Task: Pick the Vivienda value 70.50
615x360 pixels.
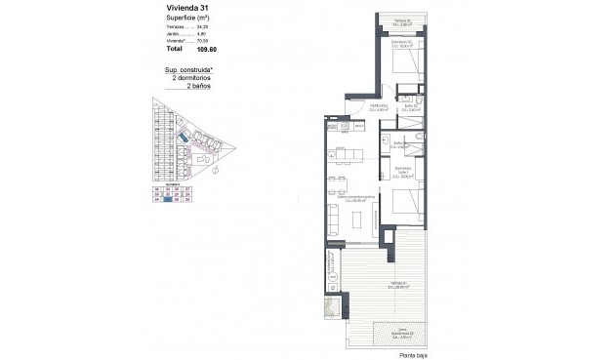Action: [x=203, y=39]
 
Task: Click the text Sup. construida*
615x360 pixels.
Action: [x=189, y=70]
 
